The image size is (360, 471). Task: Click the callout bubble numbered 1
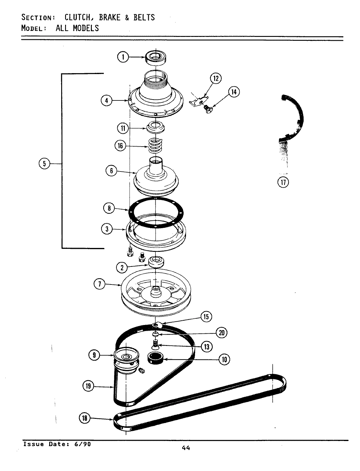[x=123, y=57]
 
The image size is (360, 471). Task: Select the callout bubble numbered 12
[x=215, y=79]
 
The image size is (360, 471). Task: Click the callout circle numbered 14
[x=234, y=92]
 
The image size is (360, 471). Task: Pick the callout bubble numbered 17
[x=283, y=182]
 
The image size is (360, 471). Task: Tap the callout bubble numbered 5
[x=44, y=163]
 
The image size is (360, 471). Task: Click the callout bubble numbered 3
[x=107, y=229]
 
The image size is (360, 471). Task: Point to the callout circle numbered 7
[x=99, y=284]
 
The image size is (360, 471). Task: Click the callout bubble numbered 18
[x=85, y=418]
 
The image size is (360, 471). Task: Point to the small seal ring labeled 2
[x=156, y=262]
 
